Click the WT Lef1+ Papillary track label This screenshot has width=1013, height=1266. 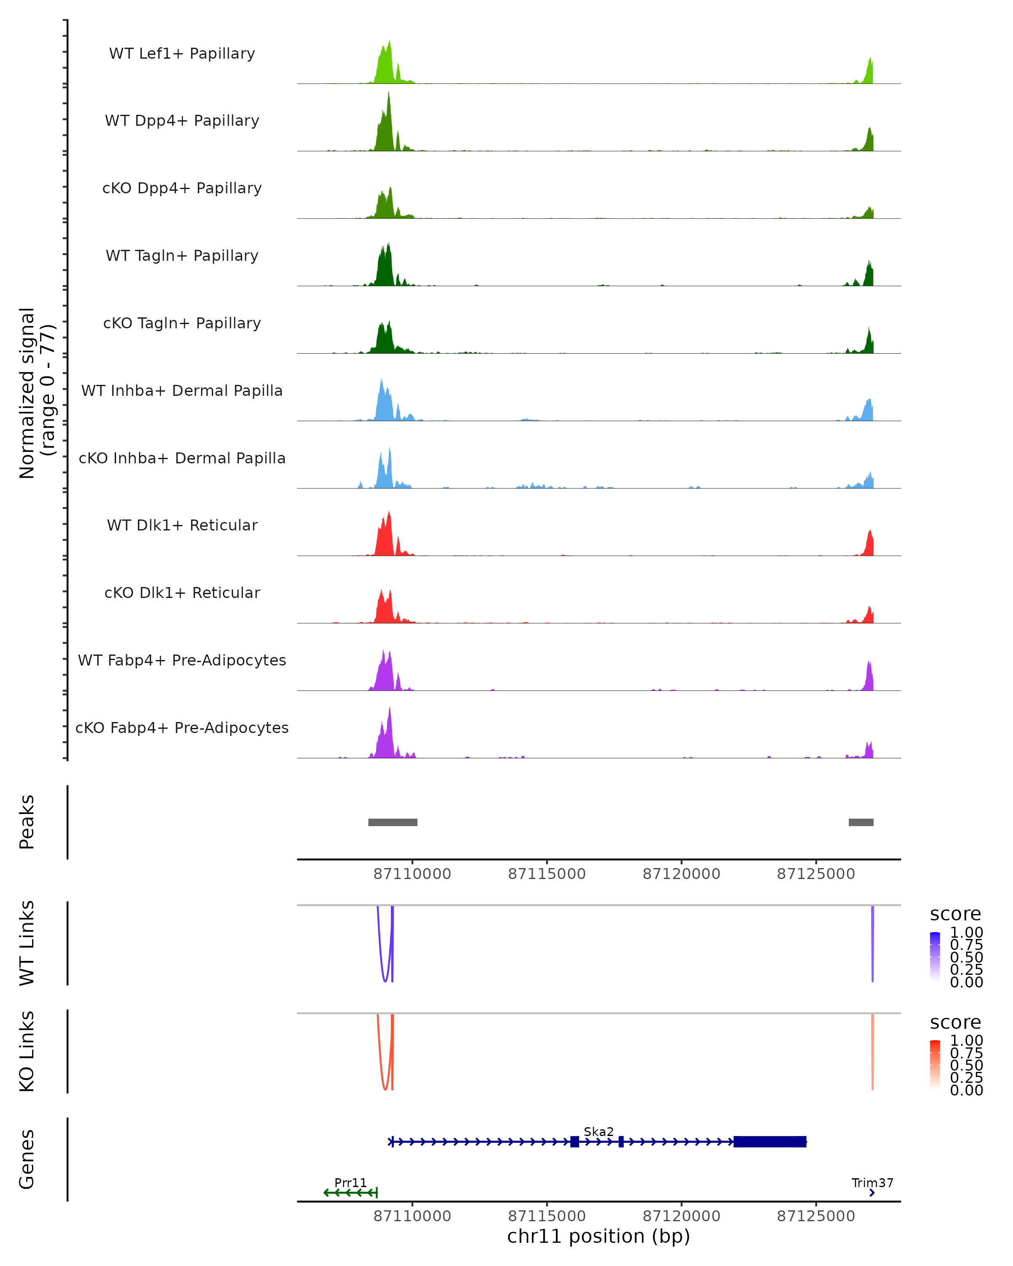pos(182,54)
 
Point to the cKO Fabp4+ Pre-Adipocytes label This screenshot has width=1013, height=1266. pos(182,728)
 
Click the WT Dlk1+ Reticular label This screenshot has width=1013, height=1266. pos(182,525)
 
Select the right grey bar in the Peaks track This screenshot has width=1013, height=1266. pos(861,822)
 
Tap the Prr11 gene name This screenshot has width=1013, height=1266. pos(351,1182)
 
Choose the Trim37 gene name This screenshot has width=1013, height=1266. pos(872,1182)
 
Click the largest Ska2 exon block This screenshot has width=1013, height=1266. pos(770,1142)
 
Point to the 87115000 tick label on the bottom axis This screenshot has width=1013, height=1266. pos(547,1216)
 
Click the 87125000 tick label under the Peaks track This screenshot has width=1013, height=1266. pos(816,874)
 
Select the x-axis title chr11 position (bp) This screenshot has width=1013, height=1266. pos(599,1236)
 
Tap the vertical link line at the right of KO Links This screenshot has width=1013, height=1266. pos(872,1051)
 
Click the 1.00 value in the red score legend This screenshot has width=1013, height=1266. pos(967,1041)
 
